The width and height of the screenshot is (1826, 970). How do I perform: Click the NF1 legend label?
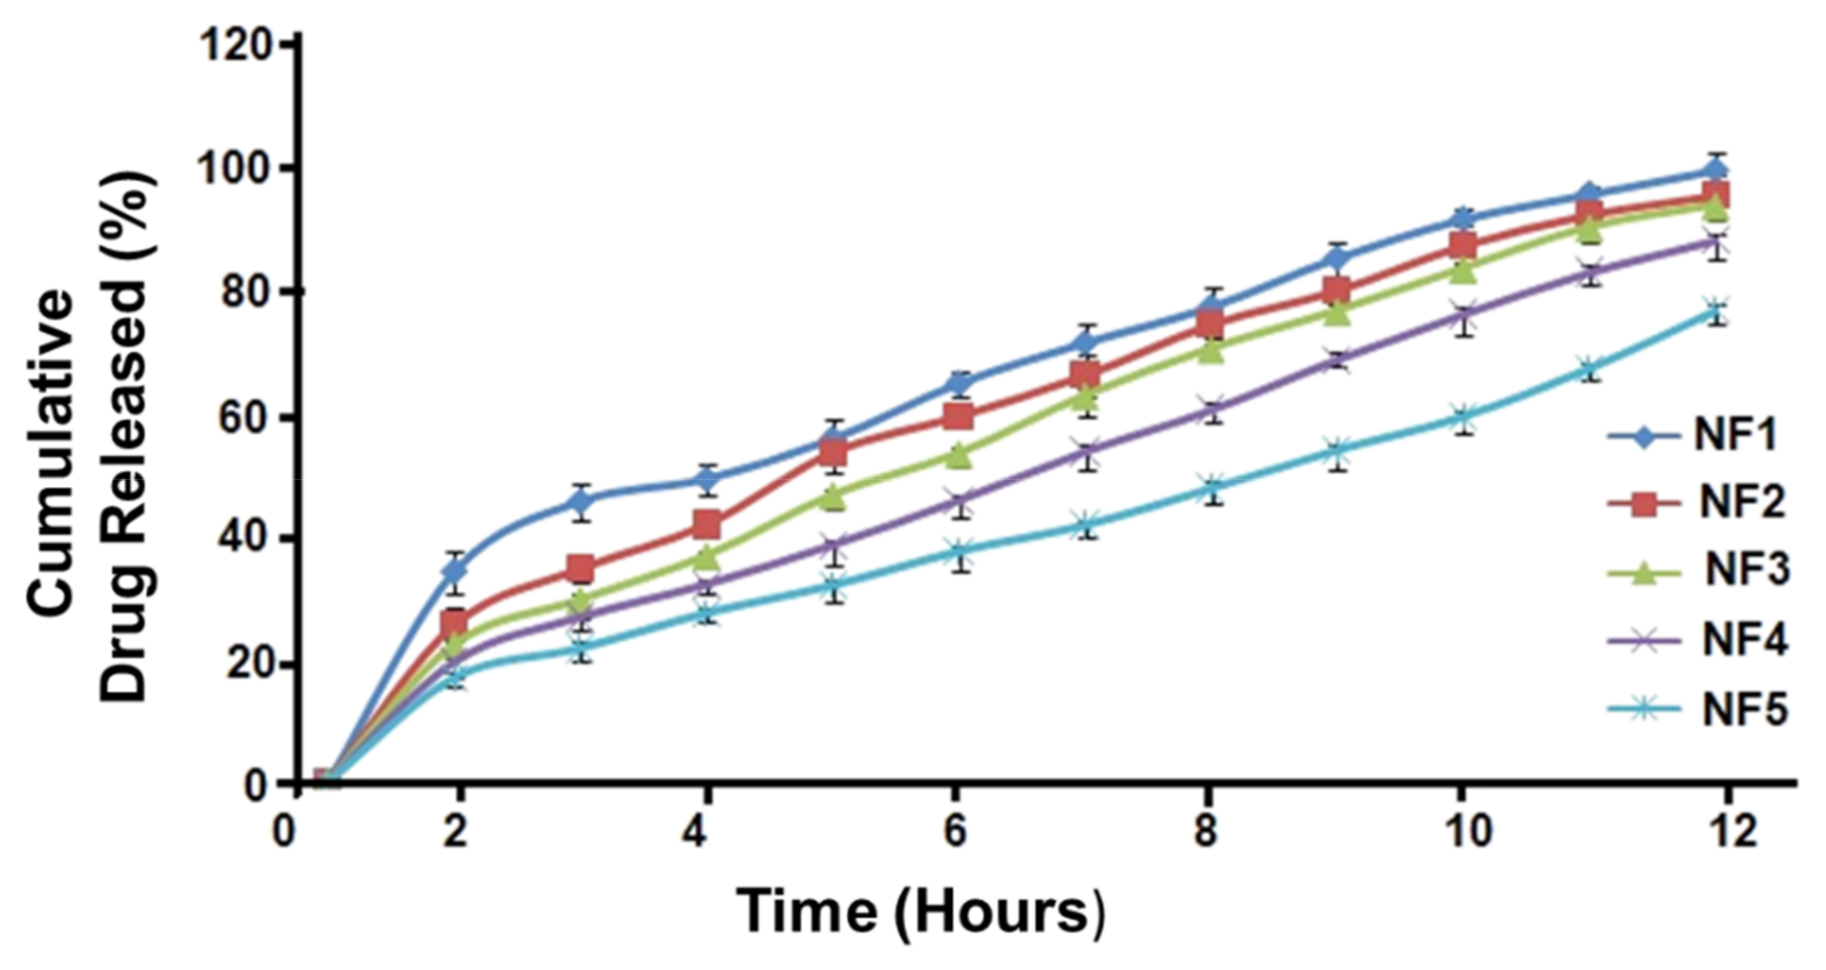pyautogui.click(x=1735, y=436)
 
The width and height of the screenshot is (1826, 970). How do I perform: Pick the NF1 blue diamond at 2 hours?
pyautogui.click(x=457, y=569)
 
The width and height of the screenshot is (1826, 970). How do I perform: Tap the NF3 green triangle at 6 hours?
pyautogui.click(x=958, y=455)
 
